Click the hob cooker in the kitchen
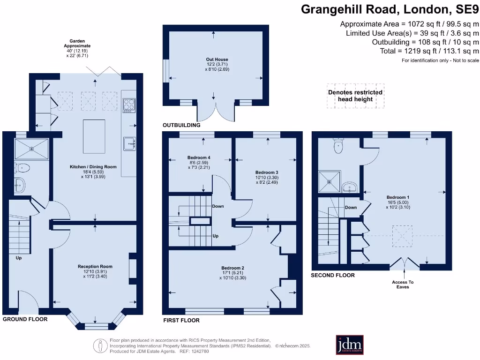128,105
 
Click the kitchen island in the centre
94,136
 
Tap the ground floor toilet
22,167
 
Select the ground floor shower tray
31,148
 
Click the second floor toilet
337,147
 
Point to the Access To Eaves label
403,285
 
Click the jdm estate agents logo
350,345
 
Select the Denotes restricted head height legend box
356,96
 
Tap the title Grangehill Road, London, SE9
390,9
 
